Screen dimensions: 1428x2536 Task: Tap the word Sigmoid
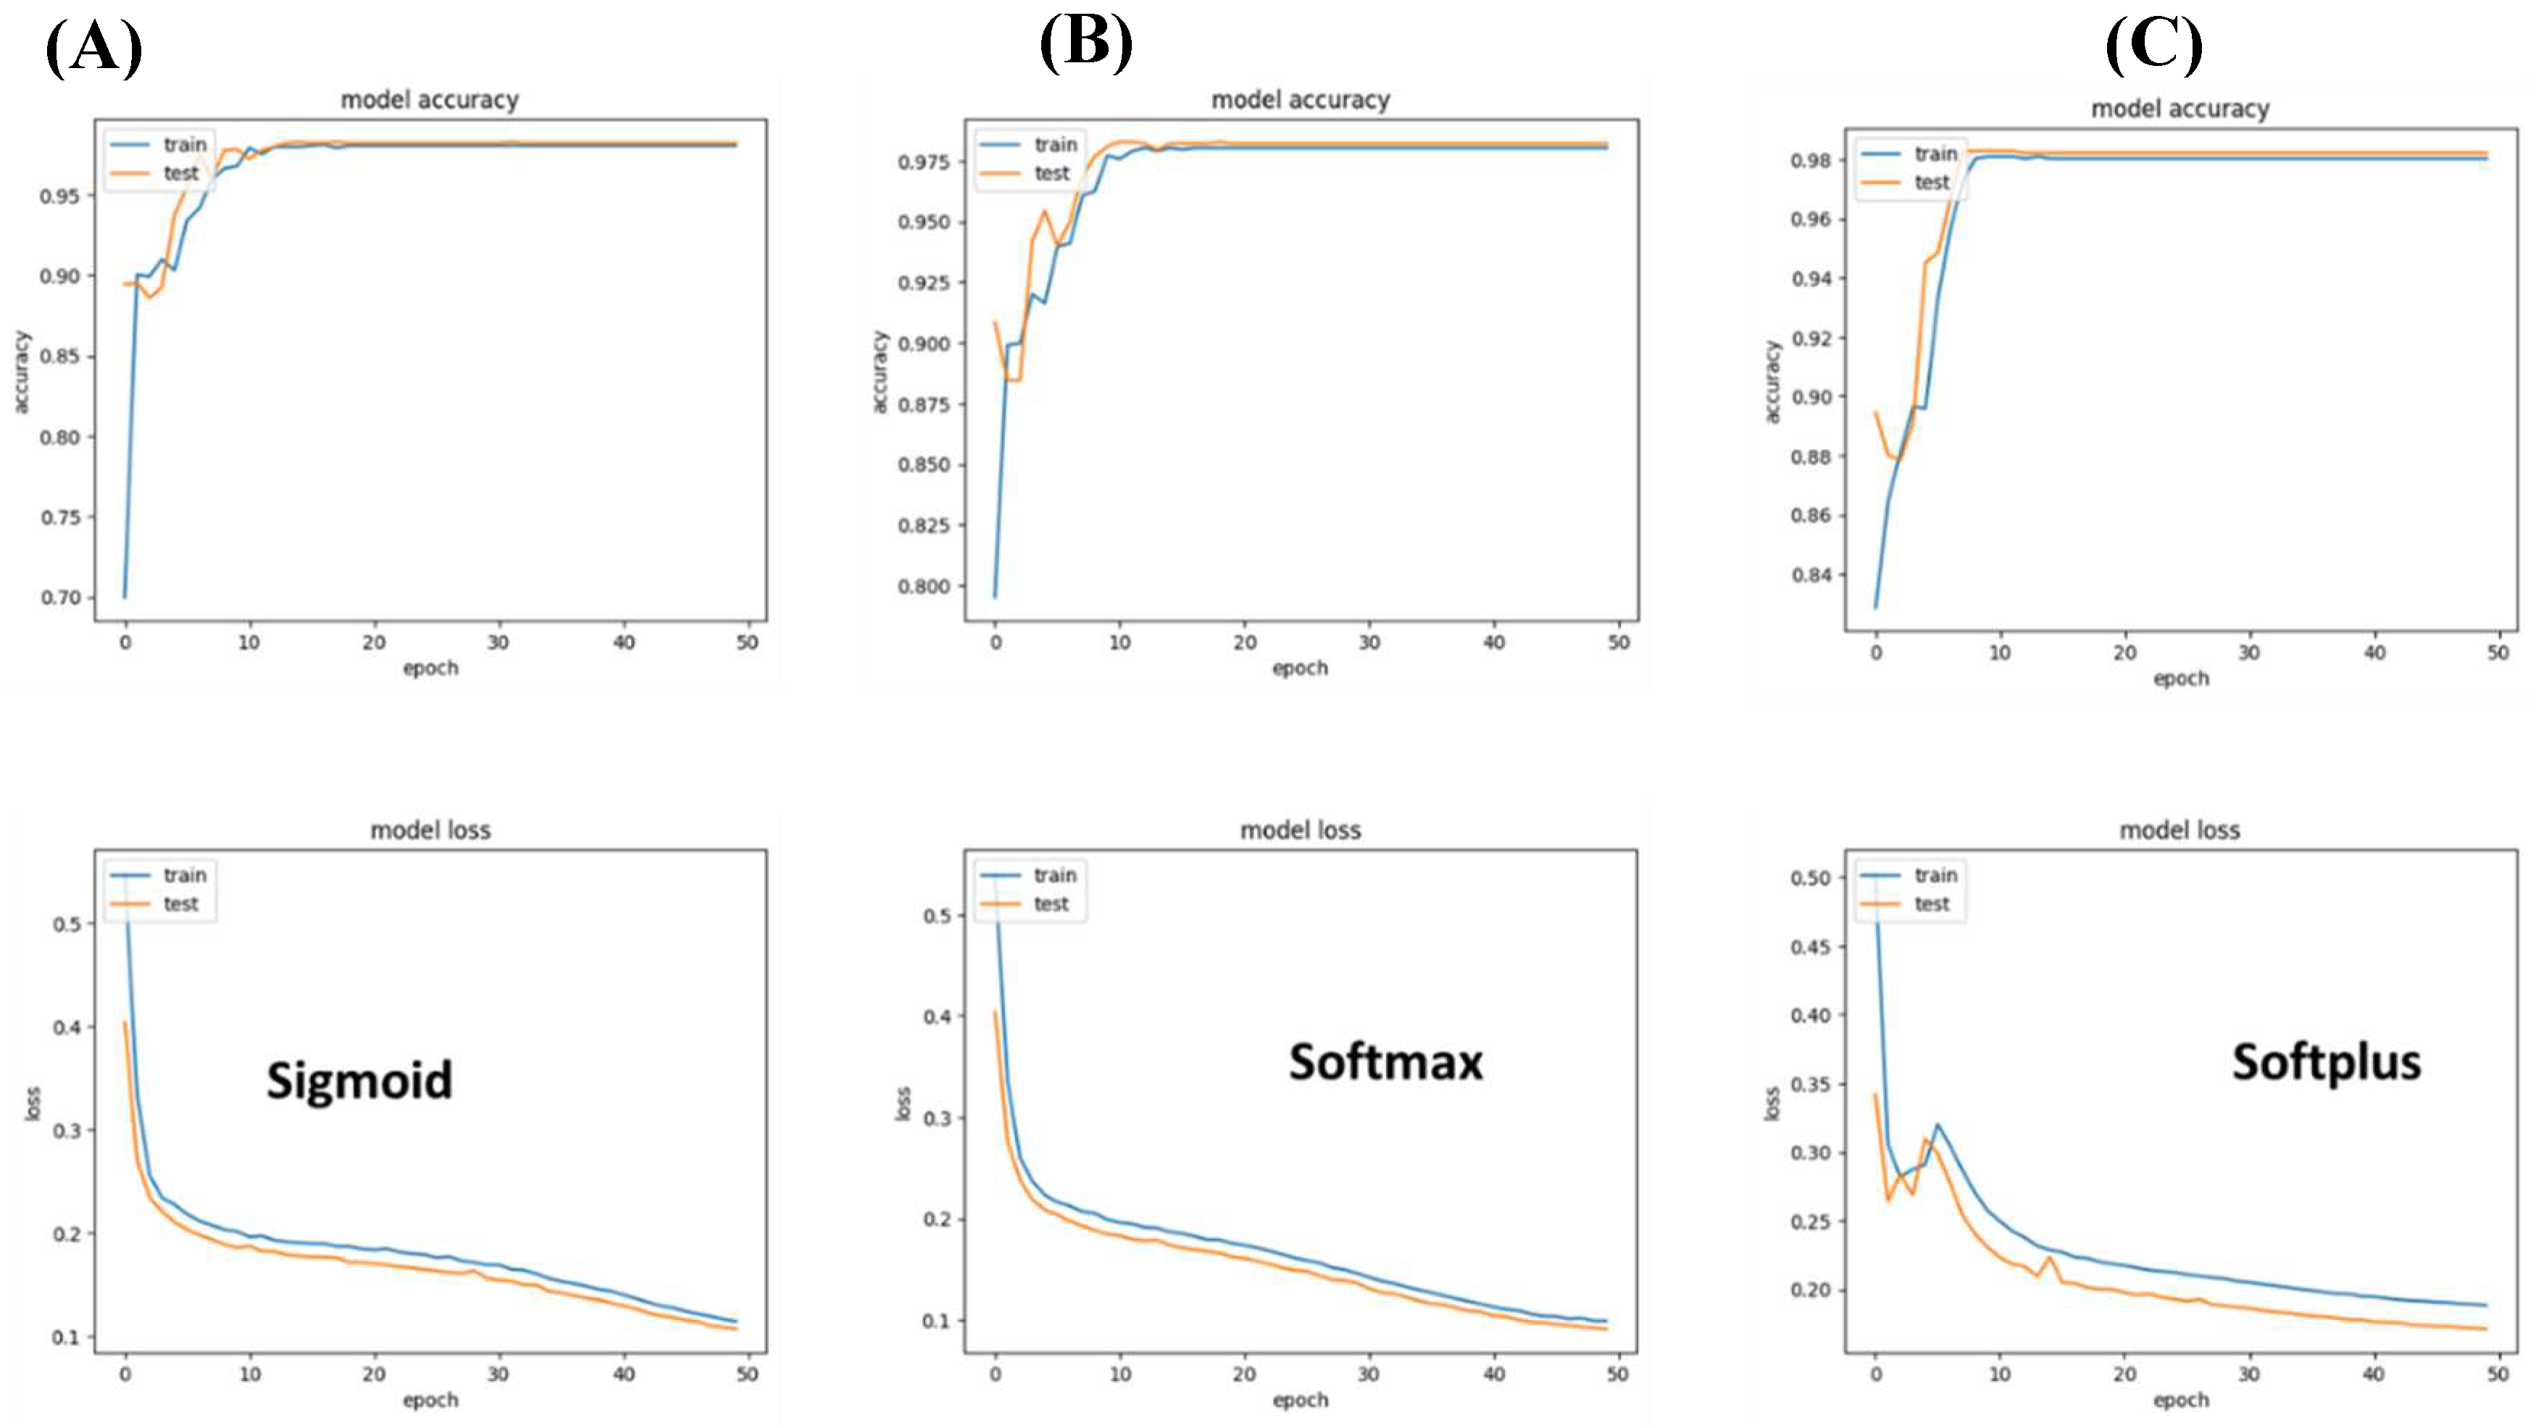coord(359,1080)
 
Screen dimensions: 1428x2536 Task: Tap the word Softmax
coord(1385,1063)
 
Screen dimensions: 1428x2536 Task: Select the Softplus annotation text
coord(2325,1063)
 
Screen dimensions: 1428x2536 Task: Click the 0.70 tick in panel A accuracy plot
coord(60,598)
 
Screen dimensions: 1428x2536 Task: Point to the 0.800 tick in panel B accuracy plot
coord(925,587)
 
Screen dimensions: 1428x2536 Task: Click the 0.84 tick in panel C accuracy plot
coord(1811,575)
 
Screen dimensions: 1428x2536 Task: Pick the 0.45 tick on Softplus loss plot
coord(1811,947)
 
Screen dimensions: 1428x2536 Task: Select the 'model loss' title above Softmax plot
coord(1299,830)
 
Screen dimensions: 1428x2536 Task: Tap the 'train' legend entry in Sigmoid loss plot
coord(184,875)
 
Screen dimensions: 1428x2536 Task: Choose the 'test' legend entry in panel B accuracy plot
coord(1051,173)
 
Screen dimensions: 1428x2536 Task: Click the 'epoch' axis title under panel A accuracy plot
coord(430,668)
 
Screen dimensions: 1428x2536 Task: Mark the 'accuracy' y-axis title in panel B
coord(880,371)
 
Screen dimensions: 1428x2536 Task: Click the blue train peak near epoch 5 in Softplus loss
coord(1938,1125)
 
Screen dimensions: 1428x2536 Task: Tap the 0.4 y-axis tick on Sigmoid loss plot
coord(67,1027)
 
